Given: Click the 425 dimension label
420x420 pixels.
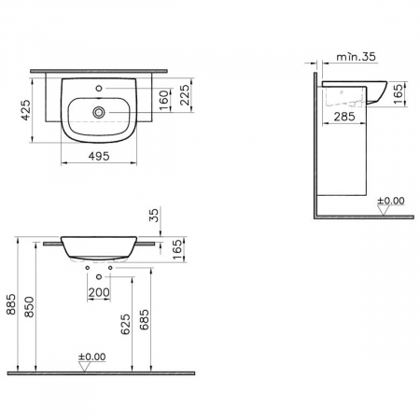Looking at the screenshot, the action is point(25,109).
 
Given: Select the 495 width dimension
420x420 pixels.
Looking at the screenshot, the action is point(99,156).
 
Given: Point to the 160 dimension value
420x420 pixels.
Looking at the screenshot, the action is point(164,100).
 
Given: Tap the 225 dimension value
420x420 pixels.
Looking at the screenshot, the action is point(184,95).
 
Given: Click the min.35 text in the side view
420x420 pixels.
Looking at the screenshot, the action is point(356,56).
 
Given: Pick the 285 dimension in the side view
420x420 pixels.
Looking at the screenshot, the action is point(344,117).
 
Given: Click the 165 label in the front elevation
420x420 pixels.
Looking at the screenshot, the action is point(176,249).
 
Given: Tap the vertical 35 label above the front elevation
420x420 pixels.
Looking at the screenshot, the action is point(154,215).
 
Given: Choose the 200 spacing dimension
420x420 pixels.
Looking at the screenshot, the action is point(99,292).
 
